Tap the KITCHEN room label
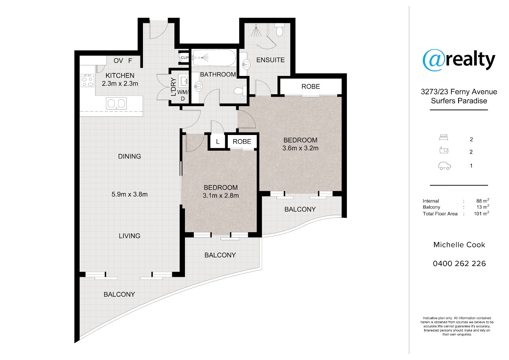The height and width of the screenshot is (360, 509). tap(120, 75)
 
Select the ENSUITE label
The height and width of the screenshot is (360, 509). tap(271, 60)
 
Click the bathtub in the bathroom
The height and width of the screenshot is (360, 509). tap(214, 58)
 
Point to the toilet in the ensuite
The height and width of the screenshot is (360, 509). tap(280, 30)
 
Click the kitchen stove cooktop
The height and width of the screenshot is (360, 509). tap(87, 80)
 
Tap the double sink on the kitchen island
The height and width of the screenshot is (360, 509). tap(116, 104)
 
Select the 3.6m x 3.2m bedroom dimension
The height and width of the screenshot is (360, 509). tap(300, 148)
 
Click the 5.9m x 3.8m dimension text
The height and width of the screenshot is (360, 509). tap(129, 194)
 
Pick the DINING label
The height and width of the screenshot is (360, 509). tap(129, 156)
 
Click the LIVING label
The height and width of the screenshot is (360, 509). tap(129, 236)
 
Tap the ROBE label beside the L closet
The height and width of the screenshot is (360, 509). tap(242, 141)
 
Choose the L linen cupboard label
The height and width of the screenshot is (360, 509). tap(218, 142)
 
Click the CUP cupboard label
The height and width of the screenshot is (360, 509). tap(185, 58)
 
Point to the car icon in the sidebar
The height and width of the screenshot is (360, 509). tap(445, 166)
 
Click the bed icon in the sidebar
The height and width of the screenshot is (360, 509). tap(444, 138)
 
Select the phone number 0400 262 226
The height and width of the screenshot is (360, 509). tap(459, 263)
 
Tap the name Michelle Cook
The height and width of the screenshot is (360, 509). tap(459, 245)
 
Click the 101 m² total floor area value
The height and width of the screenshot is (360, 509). tap(481, 213)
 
